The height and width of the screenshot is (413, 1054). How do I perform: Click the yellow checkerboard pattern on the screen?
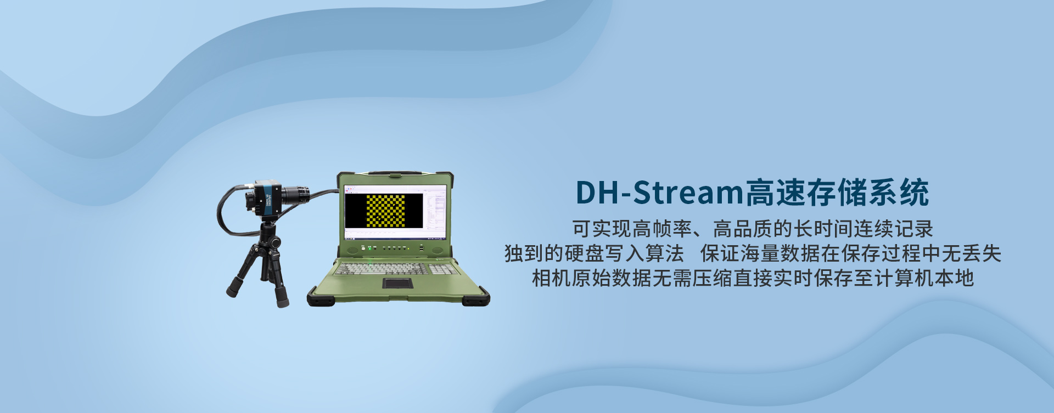pos(385,211)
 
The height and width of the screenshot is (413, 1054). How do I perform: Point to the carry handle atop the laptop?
pos(395,173)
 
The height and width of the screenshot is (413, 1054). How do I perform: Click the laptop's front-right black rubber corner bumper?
pos(475,298)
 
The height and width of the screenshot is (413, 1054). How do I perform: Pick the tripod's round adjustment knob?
pos(275,242)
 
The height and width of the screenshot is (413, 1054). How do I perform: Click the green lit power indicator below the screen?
pos(369,248)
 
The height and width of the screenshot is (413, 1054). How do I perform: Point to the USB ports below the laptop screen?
pos(421,248)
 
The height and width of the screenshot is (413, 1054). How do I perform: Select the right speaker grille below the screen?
pos(438,250)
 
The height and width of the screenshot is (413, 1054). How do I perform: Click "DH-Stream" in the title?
pos(659,193)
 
